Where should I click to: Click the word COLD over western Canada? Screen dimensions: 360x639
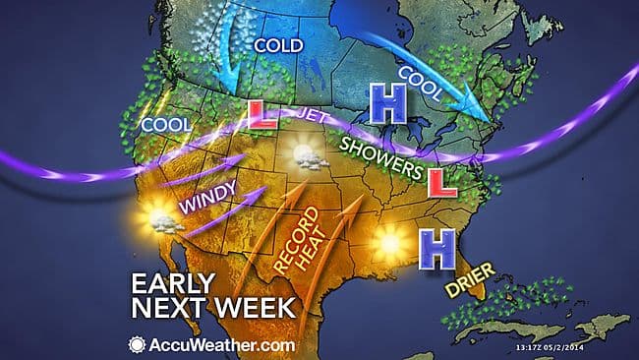point(278,45)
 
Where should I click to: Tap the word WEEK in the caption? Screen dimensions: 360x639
point(251,308)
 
